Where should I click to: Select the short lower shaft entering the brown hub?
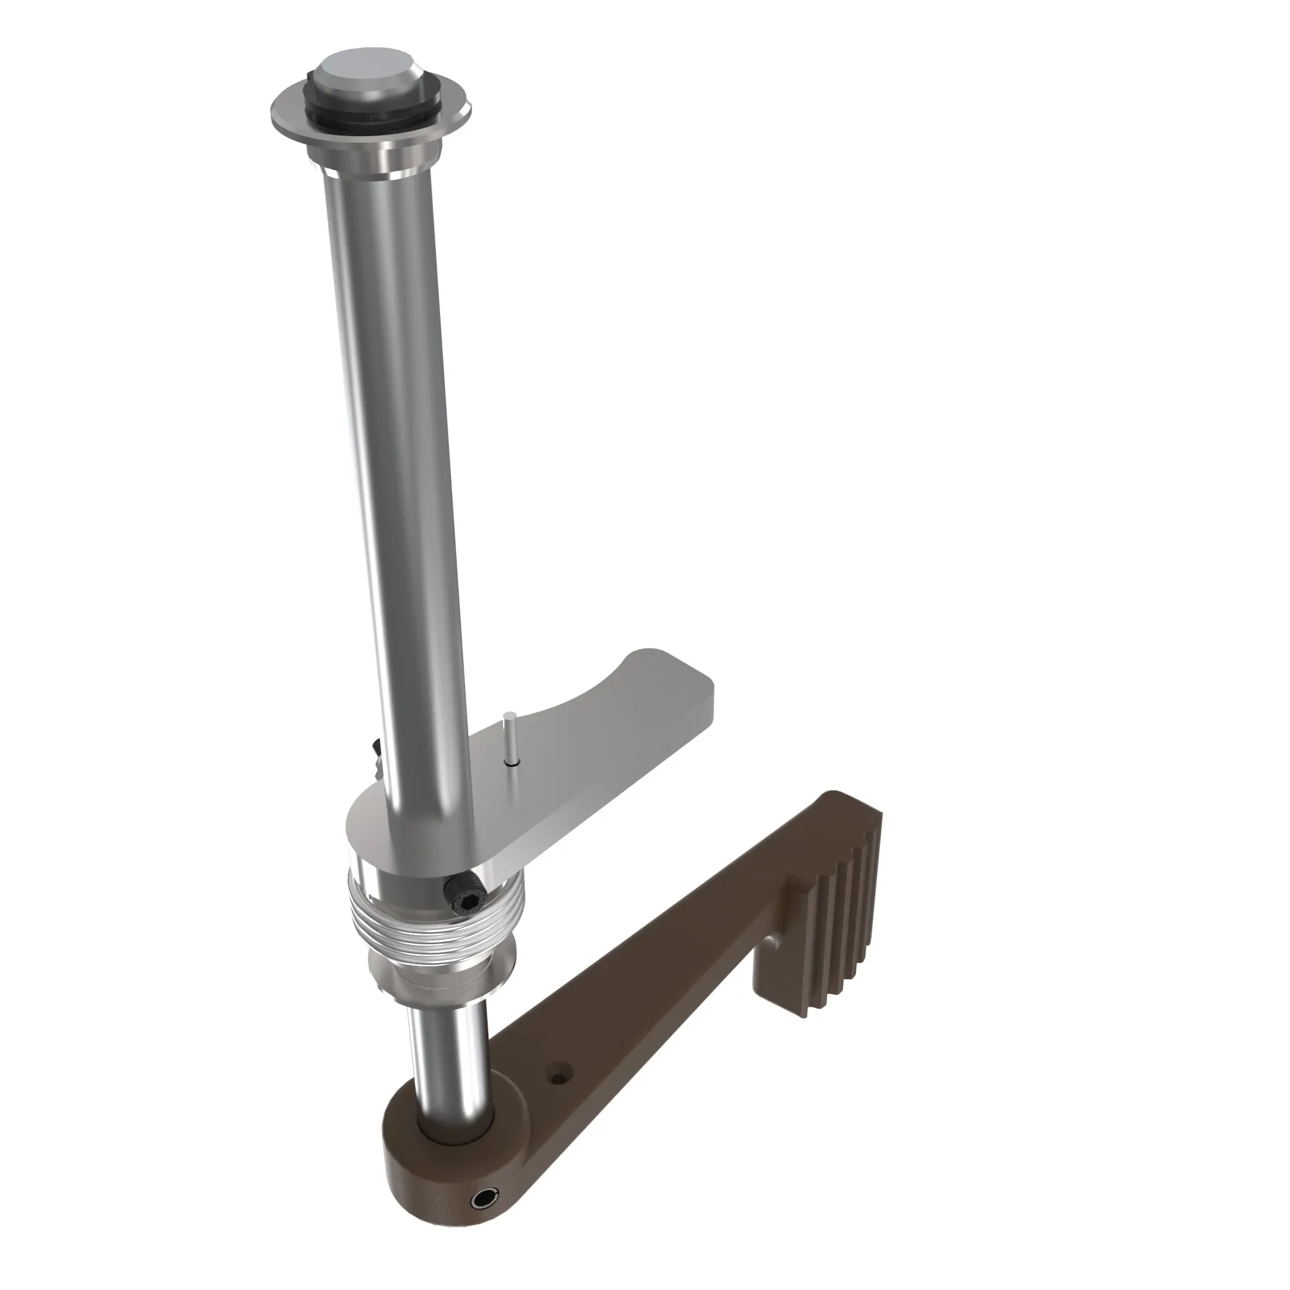pos(448,1055)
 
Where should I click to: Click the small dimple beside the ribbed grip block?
pos(774,942)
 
